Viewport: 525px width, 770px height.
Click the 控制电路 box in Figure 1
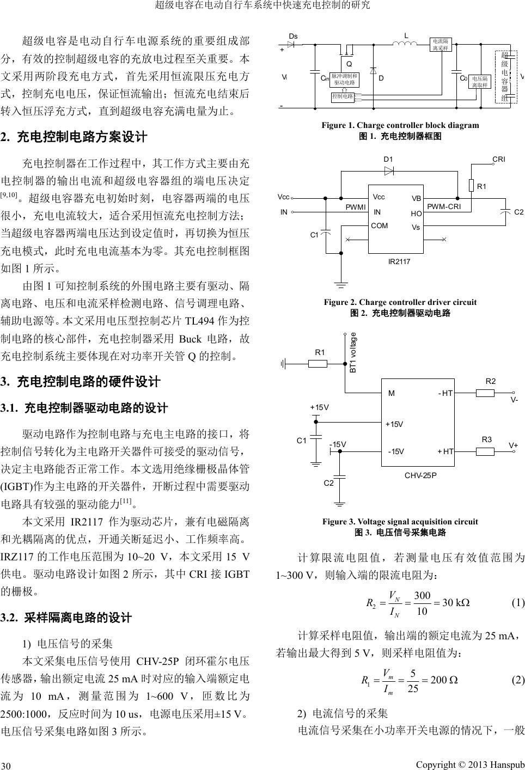coord(343,96)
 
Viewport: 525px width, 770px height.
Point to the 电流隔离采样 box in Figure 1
coord(440,44)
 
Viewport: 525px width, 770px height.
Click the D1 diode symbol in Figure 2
coord(389,170)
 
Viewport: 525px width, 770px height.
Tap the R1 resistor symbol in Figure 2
coord(471,186)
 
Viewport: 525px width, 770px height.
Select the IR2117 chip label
coord(399,262)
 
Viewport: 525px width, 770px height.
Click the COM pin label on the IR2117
coord(380,225)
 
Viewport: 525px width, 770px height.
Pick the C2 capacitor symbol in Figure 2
coord(506,212)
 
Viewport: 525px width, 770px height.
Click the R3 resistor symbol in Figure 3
coord(485,451)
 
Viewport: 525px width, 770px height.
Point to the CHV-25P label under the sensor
coord(420,475)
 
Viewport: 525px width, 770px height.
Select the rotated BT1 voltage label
coord(352,352)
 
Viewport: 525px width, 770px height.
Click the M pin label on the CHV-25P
coord(391,393)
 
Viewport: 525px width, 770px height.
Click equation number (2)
coord(517,680)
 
